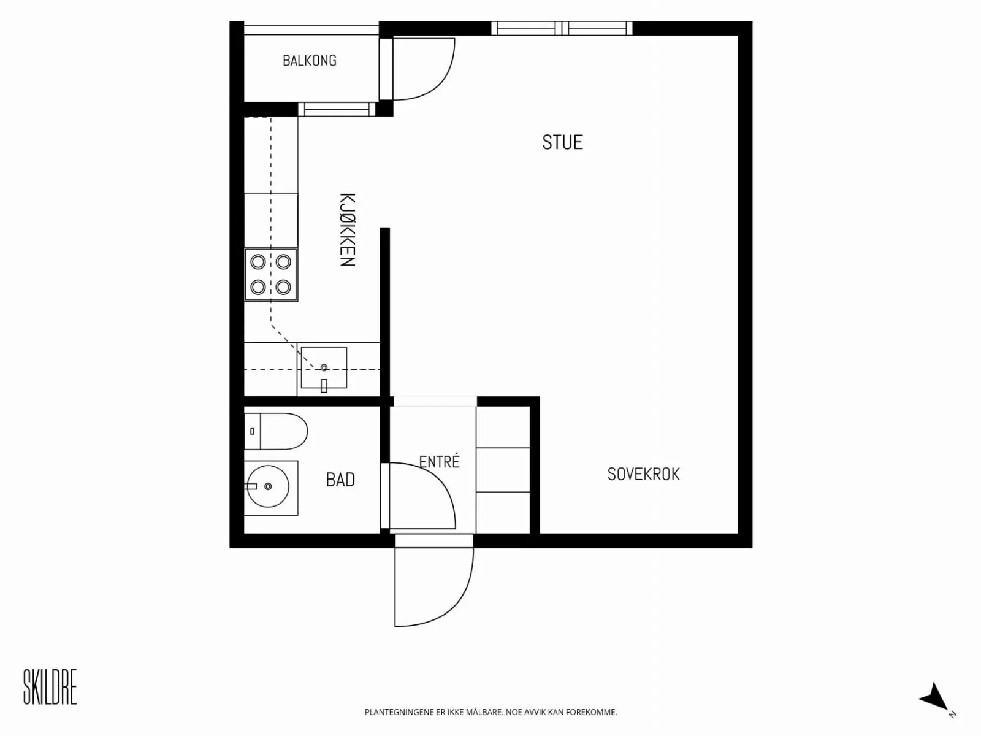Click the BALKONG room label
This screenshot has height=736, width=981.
309,60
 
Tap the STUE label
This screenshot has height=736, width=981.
562,142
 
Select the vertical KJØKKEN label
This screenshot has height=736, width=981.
347,229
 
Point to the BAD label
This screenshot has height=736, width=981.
340,480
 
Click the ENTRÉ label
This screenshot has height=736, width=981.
440,461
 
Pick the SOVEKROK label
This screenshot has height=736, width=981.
644,474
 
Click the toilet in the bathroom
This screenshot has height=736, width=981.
276,431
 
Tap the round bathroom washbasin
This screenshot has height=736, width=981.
268,486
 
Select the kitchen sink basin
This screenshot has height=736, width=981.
324,367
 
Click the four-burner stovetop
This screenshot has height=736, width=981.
271,274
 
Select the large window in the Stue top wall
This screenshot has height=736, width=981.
562,28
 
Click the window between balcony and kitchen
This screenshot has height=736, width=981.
337,109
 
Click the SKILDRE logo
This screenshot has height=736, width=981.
50,686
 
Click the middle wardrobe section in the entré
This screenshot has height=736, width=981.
503,470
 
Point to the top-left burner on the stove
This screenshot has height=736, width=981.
258,261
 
